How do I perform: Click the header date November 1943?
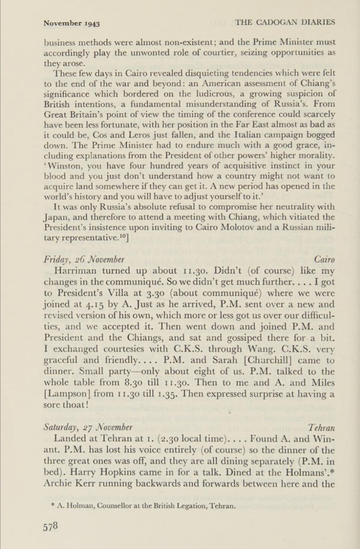(71, 24)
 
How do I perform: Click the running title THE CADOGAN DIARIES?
(285, 22)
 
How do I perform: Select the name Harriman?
(76, 271)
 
